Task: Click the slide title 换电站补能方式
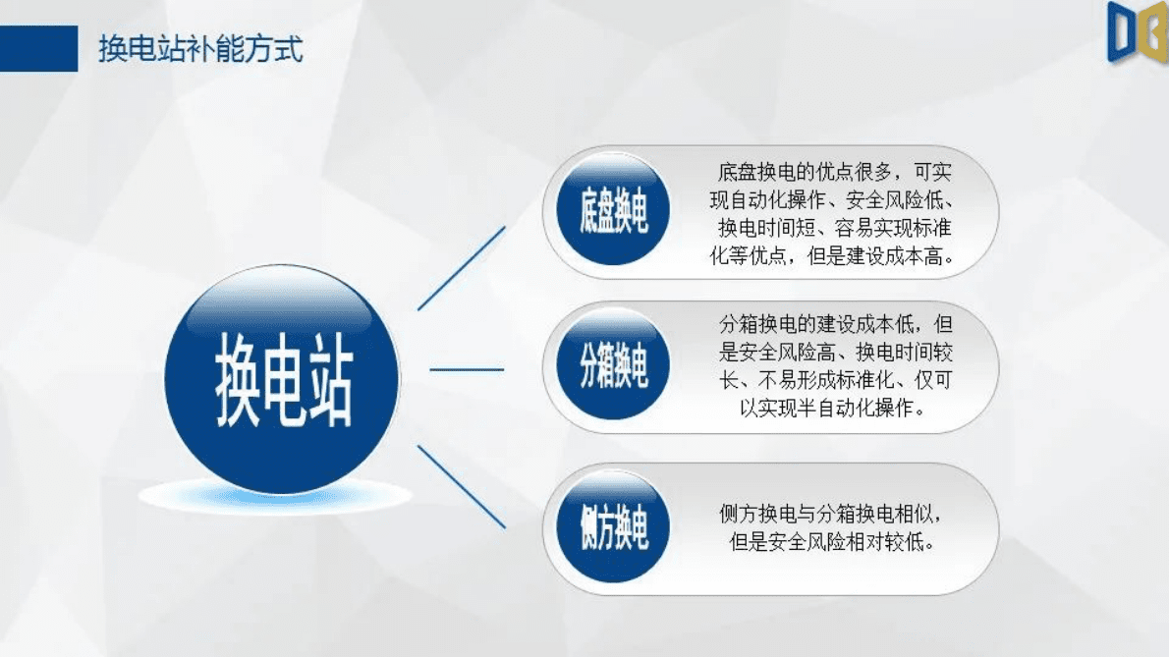point(200,49)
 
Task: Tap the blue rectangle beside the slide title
point(38,49)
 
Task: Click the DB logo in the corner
point(1137,33)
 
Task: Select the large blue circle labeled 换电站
point(283,379)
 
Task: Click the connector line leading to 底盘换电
point(462,267)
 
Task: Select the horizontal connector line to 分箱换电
point(467,370)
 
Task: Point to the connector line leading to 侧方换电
point(462,486)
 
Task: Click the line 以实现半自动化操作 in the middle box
point(833,407)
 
